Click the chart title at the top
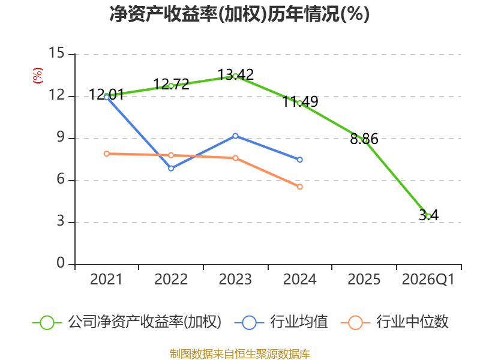(x=239, y=14)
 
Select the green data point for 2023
(x=235, y=76)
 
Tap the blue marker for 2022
(x=171, y=169)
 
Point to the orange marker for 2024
(x=299, y=187)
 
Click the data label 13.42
(x=236, y=74)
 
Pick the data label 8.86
(x=364, y=139)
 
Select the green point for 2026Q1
(x=428, y=217)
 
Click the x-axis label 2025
(x=364, y=279)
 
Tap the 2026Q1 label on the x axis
(x=428, y=279)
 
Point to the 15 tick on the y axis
(x=56, y=53)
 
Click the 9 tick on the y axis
(x=61, y=137)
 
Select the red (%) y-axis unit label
(x=38, y=76)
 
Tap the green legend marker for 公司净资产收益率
(x=47, y=323)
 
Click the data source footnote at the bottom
(x=240, y=354)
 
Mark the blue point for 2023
(x=235, y=136)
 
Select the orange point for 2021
(x=107, y=154)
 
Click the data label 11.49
(x=300, y=101)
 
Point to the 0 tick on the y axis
(x=61, y=263)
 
